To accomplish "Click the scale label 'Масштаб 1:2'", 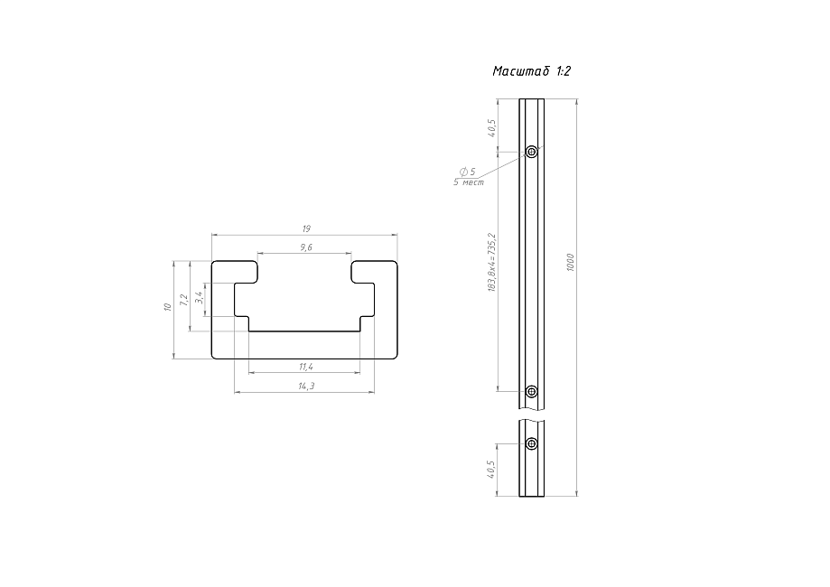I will point(532,71).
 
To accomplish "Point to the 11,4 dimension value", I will point(304,366).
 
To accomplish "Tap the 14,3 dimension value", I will point(305,386).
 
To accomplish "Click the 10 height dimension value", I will point(167,307).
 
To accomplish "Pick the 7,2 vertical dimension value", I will point(184,299).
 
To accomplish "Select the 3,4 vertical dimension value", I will point(199,296).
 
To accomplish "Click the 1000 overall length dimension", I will point(571,263).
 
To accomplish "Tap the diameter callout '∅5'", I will point(468,171).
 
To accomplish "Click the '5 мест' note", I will point(468,182).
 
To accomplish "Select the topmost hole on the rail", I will point(531,152).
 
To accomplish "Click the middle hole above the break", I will point(531,392).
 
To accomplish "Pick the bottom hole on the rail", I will point(531,443).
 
